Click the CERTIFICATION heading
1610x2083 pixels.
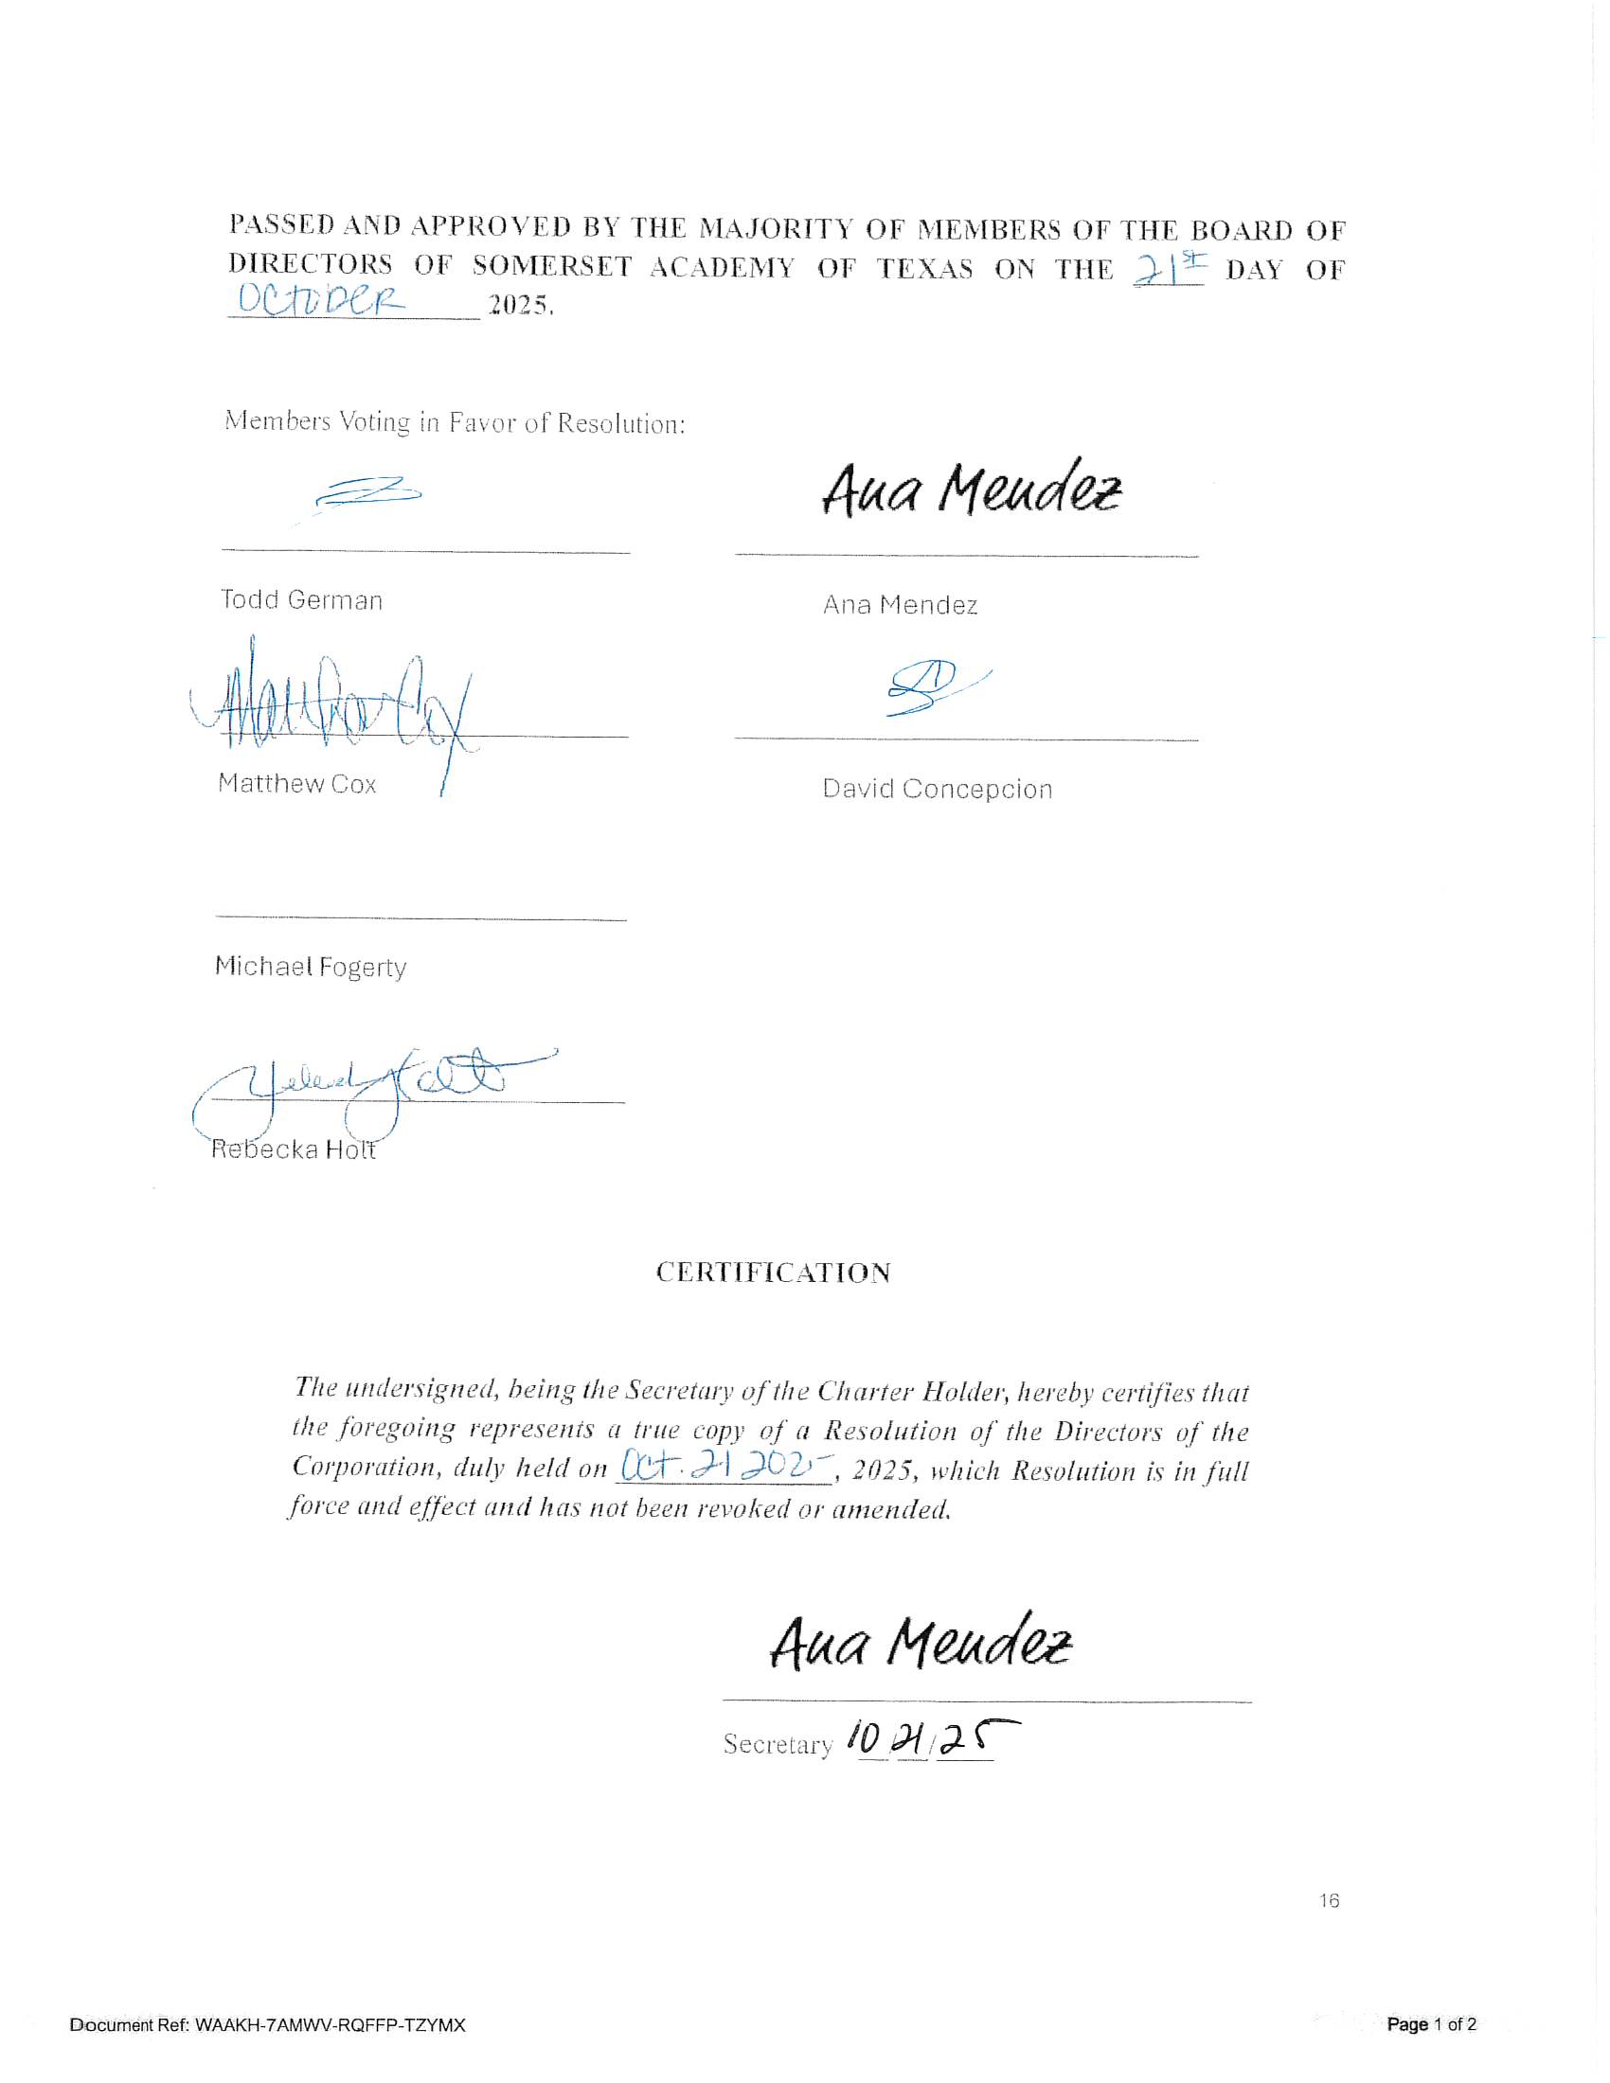[x=773, y=1273]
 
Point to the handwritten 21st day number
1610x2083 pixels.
[x=1169, y=269]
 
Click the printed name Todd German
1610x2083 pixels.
[x=301, y=600]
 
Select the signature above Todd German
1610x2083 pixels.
[x=368, y=493]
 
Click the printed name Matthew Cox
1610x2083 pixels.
[x=296, y=784]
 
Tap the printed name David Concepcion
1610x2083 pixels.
[x=937, y=790]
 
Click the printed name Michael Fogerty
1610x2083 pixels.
[x=310, y=967]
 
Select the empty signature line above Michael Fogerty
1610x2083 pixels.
[x=420, y=918]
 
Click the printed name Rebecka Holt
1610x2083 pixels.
[x=293, y=1149]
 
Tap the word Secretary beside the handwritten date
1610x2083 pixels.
[x=778, y=1744]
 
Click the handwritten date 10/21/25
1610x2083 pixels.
[x=930, y=1739]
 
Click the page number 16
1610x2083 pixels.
[x=1329, y=1901]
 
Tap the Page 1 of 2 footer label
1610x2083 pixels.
[x=1431, y=2024]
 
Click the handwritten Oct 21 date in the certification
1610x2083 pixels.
[x=724, y=1466]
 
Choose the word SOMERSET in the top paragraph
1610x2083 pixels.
[x=551, y=266]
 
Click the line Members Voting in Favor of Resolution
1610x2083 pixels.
[x=455, y=421]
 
